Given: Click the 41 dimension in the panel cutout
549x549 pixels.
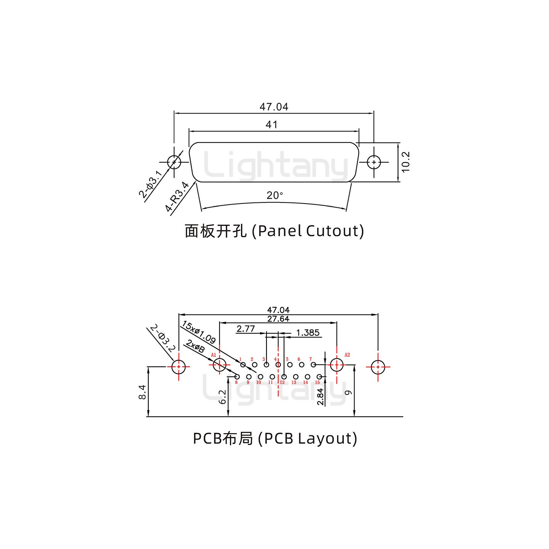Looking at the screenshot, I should coord(271,125).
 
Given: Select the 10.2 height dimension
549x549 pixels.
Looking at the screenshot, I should coord(405,162).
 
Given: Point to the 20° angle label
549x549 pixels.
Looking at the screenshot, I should coord(275,196).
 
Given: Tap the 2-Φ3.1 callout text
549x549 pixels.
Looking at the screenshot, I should coord(151,185).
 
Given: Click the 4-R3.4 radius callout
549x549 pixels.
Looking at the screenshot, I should coord(177,197).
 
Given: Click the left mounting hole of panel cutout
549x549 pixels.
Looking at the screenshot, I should coord(174,162).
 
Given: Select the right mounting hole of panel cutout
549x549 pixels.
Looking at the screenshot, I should coord(374,162).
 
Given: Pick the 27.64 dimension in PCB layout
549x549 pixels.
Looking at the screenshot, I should coord(278,319).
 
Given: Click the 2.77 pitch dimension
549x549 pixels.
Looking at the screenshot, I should coord(246,329).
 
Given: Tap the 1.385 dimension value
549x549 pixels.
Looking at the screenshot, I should coord(308,333).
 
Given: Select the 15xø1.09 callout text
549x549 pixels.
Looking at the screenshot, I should coord(199,332).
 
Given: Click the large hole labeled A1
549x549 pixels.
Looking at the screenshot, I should coord(219,365).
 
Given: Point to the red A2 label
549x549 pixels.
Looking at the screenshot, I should coord(347,355).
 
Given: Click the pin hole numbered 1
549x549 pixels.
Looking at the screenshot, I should coord(243,365).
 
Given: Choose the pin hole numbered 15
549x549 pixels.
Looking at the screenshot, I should coord(319,377).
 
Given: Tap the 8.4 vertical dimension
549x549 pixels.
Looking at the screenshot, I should coord(142,392).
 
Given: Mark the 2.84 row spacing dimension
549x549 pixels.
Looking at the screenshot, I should coord(320,396).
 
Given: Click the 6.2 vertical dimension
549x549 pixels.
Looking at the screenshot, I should coord(223,396).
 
